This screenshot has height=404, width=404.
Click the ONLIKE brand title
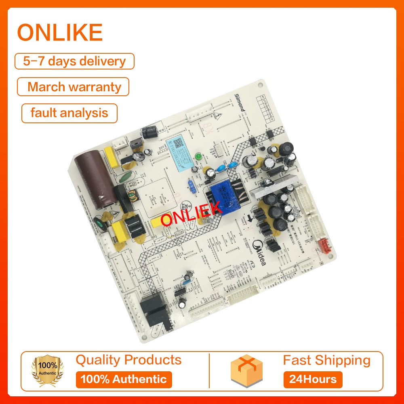tap(60, 33)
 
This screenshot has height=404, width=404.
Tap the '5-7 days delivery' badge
tap(75, 61)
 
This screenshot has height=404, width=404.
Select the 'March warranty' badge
tap(74, 87)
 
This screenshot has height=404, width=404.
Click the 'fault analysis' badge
tap(69, 113)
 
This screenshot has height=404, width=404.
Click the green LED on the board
tap(198, 156)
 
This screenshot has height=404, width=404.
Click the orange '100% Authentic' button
tap(124, 379)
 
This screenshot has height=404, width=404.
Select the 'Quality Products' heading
tap(128, 360)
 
